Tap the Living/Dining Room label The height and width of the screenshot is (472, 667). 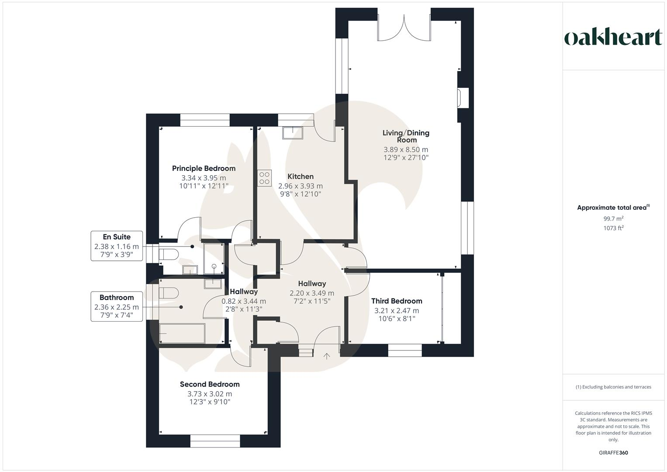[406, 136]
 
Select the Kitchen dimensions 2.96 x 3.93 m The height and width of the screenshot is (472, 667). [301, 186]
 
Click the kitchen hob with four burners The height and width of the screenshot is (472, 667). [264, 178]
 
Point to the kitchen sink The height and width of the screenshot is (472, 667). [292, 132]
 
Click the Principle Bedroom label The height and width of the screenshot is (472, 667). [204, 168]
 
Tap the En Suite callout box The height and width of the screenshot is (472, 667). [117, 246]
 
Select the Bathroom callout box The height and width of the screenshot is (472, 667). [117, 306]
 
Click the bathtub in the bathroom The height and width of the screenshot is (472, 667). [182, 333]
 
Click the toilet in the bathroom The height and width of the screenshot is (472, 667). [168, 293]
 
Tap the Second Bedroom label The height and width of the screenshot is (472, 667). [210, 384]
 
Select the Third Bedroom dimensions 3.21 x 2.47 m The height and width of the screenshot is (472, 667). [396, 311]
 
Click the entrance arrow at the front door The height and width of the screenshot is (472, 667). [326, 356]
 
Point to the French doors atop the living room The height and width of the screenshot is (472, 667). [404, 28]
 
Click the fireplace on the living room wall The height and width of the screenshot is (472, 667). [463, 97]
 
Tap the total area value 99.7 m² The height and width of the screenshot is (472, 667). [613, 219]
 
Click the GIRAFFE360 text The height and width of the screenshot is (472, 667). [613, 453]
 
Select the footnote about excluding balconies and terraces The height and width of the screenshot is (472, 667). [613, 387]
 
